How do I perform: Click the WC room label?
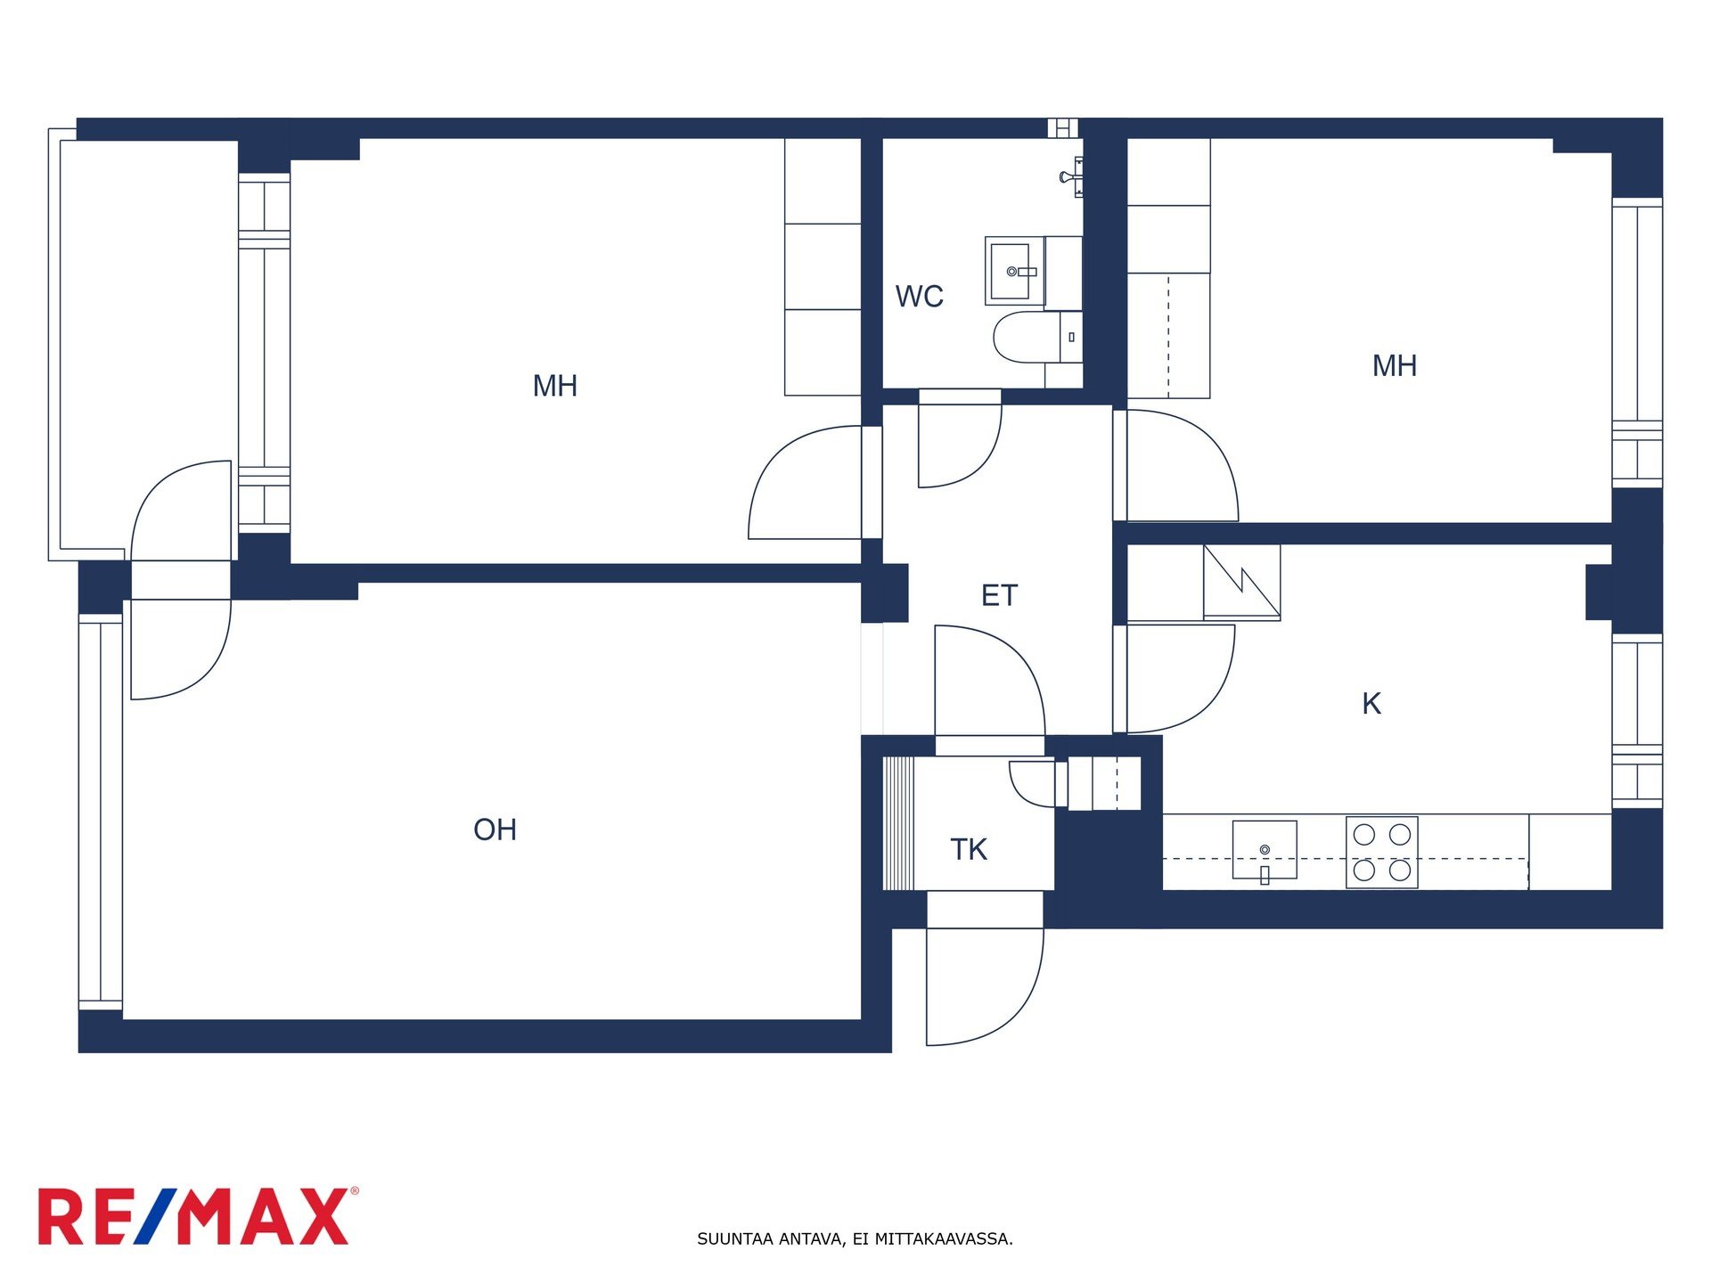919,296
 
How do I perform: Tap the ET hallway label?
999,595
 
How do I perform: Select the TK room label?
969,849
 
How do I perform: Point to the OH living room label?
495,829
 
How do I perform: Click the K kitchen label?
1371,704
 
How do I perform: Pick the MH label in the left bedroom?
555,386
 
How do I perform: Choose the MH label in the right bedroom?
1395,365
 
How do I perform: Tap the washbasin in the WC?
1015,271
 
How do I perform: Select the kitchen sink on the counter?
1265,850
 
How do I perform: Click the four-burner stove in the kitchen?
1381,852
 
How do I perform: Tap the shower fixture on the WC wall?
1072,176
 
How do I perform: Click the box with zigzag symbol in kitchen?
1241,582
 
